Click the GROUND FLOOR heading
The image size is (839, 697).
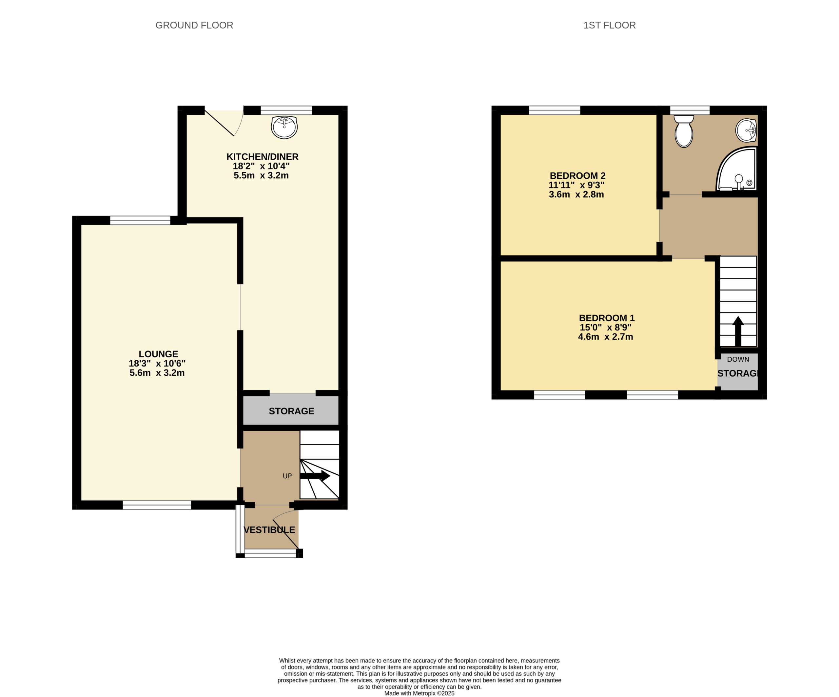pos(194,25)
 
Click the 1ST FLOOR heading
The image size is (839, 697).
pos(609,25)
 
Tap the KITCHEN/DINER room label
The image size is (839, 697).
pos(263,157)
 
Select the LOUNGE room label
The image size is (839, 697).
pos(158,354)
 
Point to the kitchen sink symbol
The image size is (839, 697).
pos(284,127)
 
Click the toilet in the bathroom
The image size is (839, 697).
pos(684,131)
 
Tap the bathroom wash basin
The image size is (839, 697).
pos(746,130)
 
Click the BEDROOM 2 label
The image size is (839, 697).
pos(577,175)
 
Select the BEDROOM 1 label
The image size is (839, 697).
pos(607,318)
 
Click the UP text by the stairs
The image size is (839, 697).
pos(287,476)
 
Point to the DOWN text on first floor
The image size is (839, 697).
pos(738,359)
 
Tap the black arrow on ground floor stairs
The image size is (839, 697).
pos(315,476)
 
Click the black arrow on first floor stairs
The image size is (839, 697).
pos(738,331)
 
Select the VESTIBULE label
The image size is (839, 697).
pos(269,529)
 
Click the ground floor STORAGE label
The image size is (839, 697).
pos(291,411)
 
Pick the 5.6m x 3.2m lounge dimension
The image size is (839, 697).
pos(157,372)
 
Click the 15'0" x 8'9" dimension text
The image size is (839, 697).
pos(606,327)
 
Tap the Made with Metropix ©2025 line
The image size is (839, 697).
pos(419,693)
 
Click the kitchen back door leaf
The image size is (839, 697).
pos(219,123)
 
